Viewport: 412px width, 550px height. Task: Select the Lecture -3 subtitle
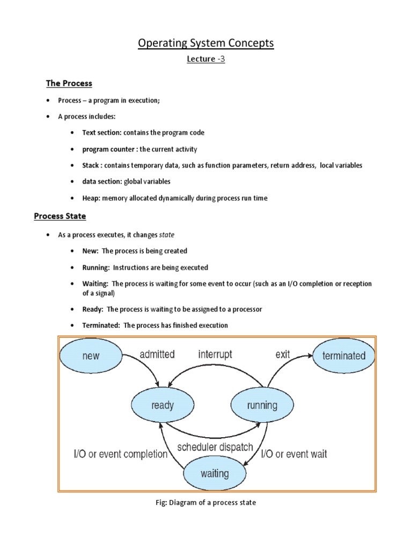(205, 60)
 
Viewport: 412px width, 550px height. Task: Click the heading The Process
(69, 83)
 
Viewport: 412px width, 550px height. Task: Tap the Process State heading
(60, 216)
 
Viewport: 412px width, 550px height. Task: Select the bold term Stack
(91, 165)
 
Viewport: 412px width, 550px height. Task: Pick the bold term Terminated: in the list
(101, 325)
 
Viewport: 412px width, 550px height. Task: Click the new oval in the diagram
(91, 356)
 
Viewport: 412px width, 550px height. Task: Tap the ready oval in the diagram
(162, 405)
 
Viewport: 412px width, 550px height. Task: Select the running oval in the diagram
(262, 405)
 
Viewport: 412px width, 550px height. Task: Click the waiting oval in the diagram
(214, 473)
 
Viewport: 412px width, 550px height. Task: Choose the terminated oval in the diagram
(343, 356)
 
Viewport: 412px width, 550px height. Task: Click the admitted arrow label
(157, 354)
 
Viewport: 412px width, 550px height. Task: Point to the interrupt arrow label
(215, 354)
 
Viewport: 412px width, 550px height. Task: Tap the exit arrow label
(283, 354)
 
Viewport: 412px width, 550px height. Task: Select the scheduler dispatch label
(215, 447)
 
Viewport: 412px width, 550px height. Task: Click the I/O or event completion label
(120, 454)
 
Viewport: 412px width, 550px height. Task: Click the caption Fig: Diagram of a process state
(206, 503)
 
